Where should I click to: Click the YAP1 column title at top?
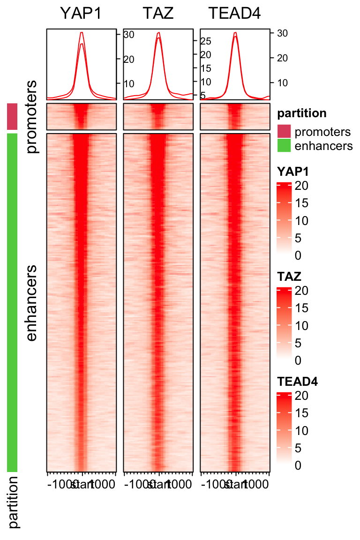[81, 14]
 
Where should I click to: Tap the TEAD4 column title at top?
[235, 14]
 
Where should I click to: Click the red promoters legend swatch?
[284, 131]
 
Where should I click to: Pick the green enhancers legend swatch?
[284, 145]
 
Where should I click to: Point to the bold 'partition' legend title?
[302, 113]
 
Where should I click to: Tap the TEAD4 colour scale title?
[298, 382]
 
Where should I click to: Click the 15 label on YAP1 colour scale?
[301, 203]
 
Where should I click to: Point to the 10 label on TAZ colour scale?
[301, 326]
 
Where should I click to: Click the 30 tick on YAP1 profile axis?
[129, 34]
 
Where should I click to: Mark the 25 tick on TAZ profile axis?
[206, 41]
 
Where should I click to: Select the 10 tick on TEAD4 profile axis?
[283, 82]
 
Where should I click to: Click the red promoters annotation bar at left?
[12, 117]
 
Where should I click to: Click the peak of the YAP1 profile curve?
[82, 32]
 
